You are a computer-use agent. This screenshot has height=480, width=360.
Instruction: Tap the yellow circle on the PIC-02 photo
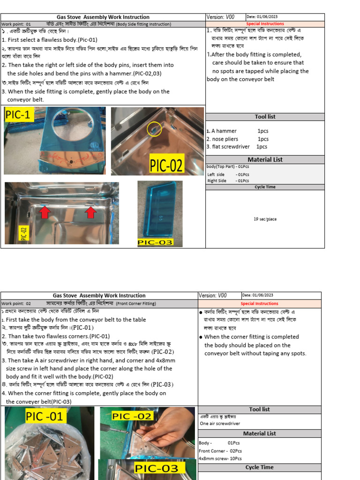click(154, 129)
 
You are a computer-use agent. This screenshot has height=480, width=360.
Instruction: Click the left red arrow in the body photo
click(45, 212)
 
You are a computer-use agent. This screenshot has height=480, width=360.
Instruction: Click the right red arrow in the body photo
click(90, 212)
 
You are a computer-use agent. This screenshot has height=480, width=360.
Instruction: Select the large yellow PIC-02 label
click(166, 165)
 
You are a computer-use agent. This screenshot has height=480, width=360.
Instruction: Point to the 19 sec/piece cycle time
click(265, 219)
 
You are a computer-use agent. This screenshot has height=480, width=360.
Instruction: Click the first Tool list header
click(265, 117)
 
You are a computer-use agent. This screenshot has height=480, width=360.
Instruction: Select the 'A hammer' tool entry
click(224, 131)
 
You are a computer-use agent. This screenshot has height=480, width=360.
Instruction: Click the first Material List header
click(265, 159)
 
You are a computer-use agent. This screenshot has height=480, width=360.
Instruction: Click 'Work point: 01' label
click(16, 24)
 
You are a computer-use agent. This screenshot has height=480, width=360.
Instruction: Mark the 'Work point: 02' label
click(16, 304)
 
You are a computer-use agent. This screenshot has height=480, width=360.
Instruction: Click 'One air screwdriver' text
click(220, 423)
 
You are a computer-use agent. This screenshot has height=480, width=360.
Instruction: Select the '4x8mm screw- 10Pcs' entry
click(220, 458)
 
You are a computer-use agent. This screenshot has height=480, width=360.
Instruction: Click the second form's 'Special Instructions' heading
click(259, 304)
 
